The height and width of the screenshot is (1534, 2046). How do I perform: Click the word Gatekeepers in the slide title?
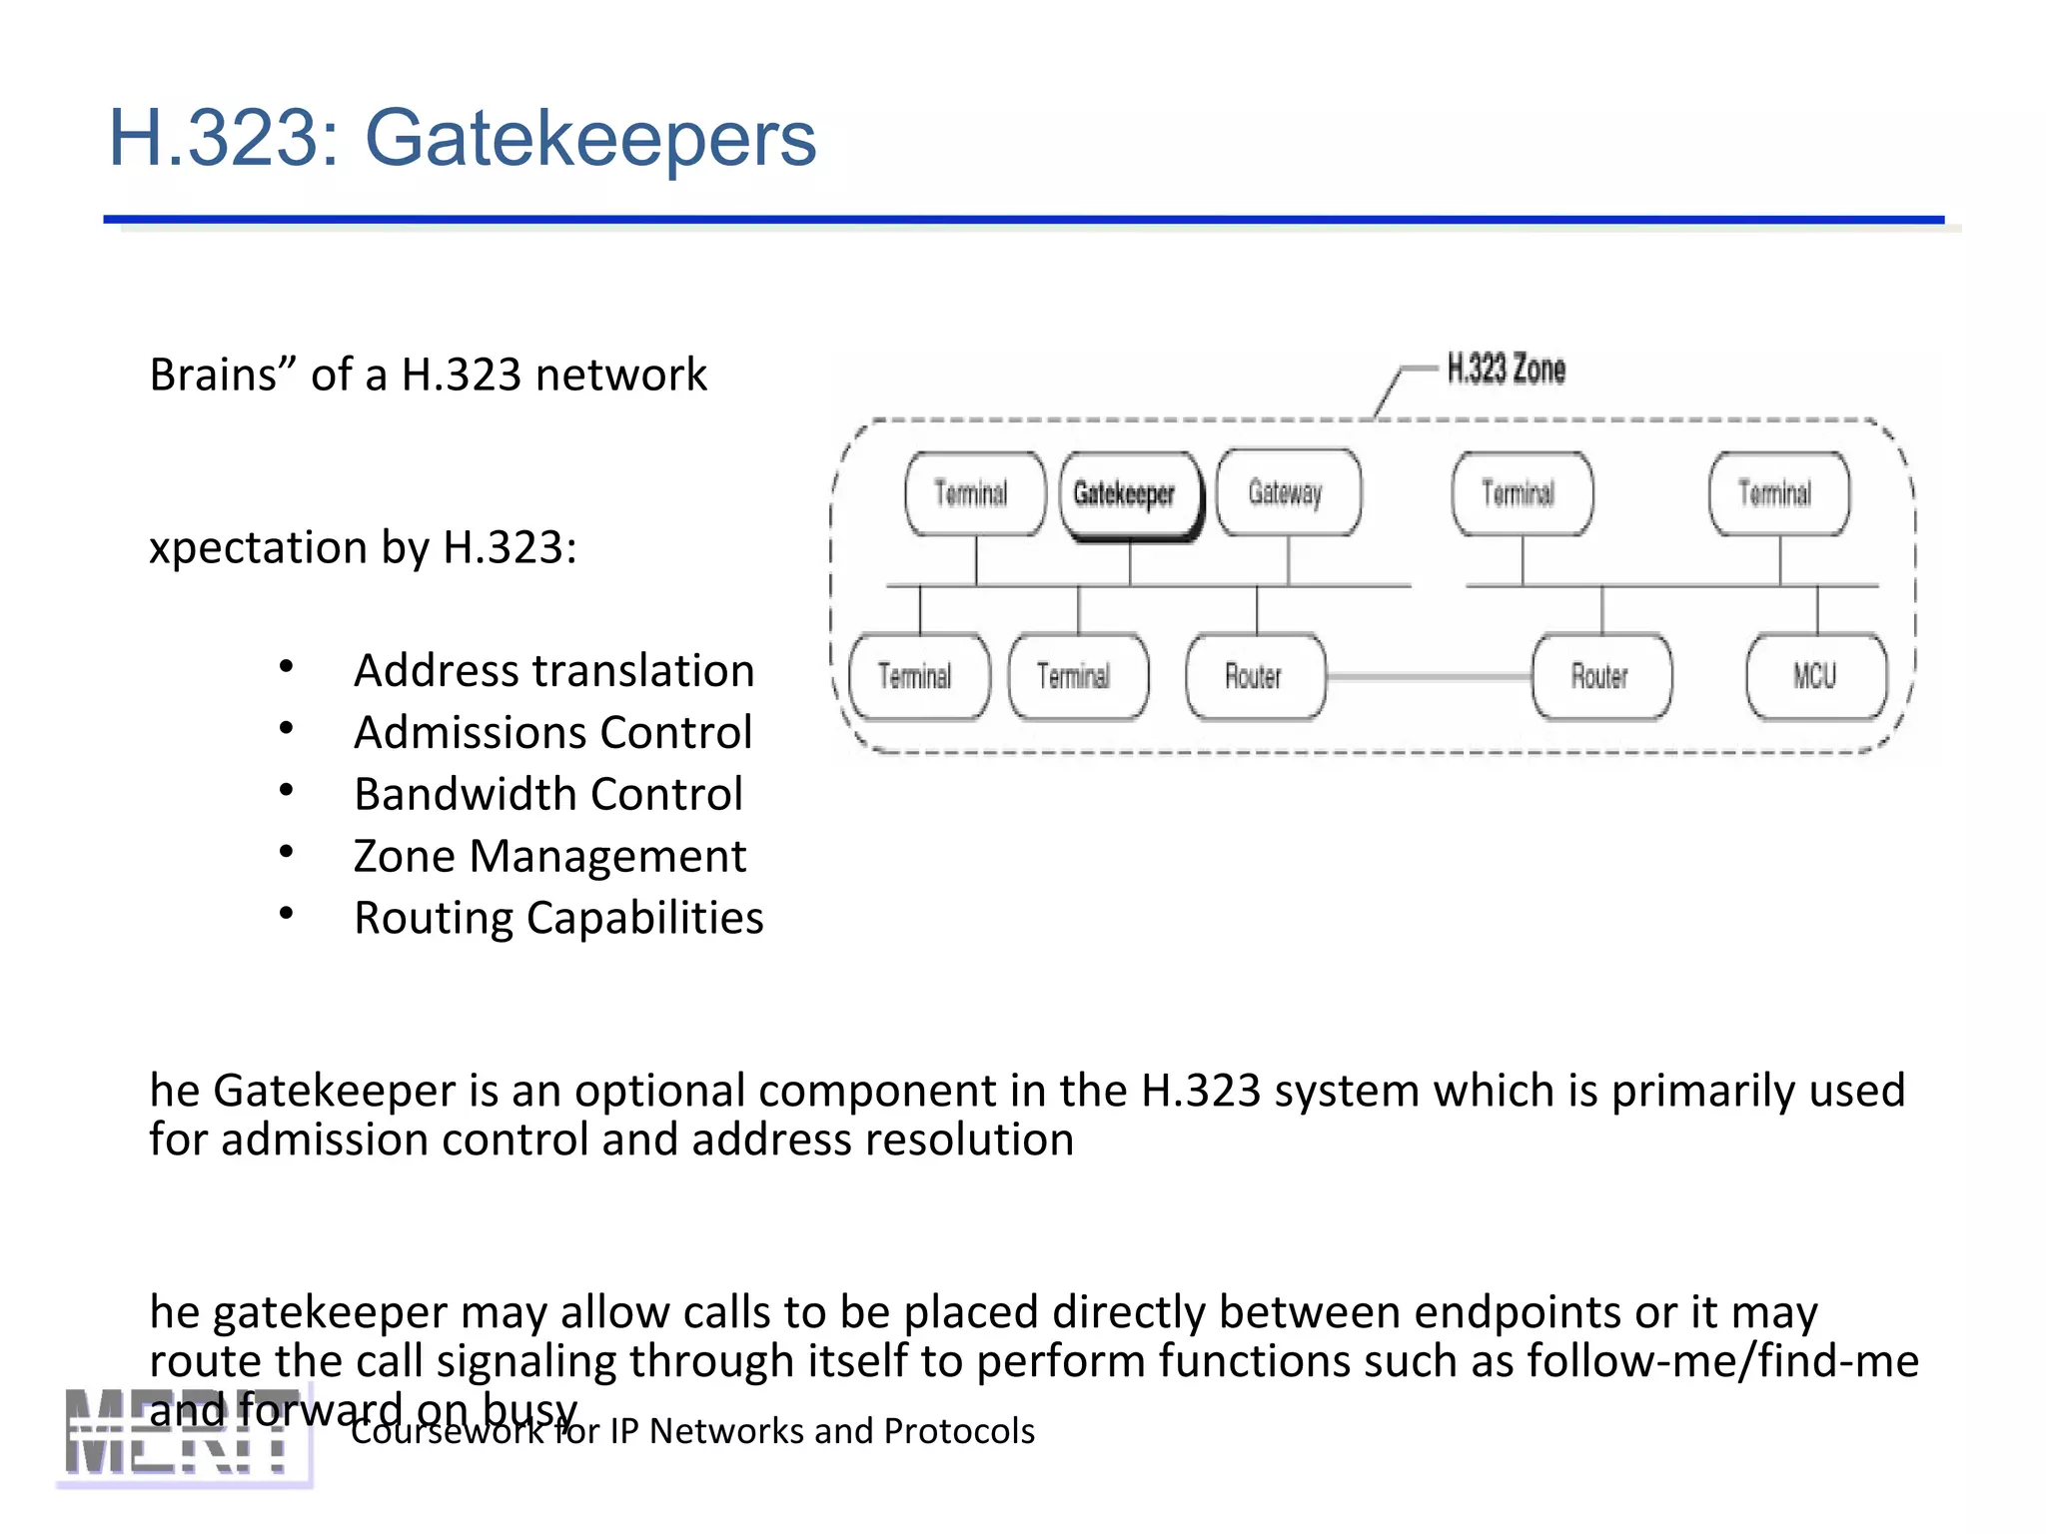[x=590, y=139]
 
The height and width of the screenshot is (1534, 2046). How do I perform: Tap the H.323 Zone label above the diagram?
[x=1506, y=370]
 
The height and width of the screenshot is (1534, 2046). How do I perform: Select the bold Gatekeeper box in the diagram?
[x=1129, y=494]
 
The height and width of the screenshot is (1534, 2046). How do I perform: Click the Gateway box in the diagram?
[x=1287, y=492]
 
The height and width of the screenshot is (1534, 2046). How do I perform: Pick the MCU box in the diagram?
[x=1815, y=676]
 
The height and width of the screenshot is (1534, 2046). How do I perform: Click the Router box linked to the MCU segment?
[x=1600, y=676]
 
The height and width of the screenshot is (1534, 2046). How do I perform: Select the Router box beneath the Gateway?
[x=1255, y=676]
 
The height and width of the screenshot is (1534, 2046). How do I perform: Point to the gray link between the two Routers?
[x=1429, y=676]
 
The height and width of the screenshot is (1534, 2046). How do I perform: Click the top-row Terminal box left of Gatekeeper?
[x=973, y=493]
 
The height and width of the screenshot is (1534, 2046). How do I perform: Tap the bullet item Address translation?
[x=553, y=670]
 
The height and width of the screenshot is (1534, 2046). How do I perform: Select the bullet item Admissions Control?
[x=552, y=732]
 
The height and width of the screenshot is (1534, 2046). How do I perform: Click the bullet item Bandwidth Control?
[x=548, y=794]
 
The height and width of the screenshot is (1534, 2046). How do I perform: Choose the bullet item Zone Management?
[x=549, y=856]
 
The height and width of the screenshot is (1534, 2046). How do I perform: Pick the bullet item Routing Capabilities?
[x=558, y=918]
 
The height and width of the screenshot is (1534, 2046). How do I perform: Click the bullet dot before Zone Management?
[x=287, y=852]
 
